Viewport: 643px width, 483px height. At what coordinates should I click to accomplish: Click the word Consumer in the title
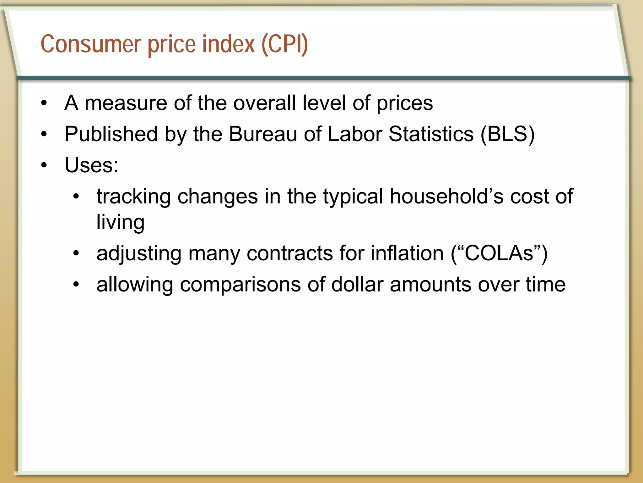point(91,44)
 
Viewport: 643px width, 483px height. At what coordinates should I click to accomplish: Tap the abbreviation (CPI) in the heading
point(285,44)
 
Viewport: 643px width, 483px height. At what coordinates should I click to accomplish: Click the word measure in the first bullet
point(126,103)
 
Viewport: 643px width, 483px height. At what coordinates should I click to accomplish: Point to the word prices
point(405,104)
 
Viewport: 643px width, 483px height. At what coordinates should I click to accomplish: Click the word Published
point(111,134)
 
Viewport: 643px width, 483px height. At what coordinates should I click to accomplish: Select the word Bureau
point(263,134)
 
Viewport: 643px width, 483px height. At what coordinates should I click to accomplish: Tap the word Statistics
point(431,134)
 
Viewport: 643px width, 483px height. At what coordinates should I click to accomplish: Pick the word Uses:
point(91,165)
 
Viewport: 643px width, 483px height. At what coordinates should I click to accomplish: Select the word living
point(120,222)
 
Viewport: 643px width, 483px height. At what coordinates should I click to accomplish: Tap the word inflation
point(407,253)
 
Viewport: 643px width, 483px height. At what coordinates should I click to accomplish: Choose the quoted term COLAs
point(499,253)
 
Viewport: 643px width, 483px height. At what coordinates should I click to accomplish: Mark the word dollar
point(357,285)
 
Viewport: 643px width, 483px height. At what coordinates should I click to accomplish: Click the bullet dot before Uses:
point(44,165)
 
